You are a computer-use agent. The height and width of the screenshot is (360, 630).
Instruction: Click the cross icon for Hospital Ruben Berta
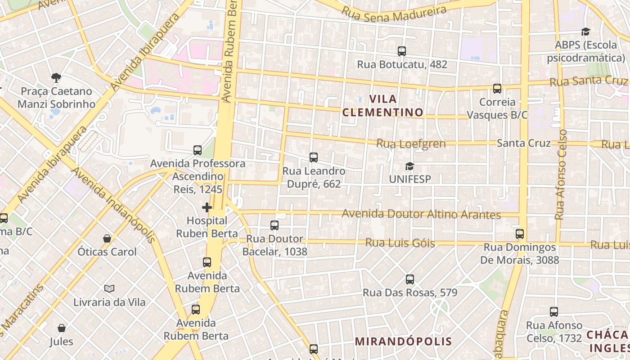coord(207,207)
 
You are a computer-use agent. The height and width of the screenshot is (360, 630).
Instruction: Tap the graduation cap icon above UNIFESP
coord(409,166)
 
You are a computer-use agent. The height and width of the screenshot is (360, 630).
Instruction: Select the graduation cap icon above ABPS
coord(585,31)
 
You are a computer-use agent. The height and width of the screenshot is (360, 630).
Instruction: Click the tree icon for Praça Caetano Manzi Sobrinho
coord(56,78)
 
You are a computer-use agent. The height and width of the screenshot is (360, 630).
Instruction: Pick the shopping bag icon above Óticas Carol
coord(107,238)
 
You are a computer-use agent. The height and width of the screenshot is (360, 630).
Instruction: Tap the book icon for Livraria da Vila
coord(109,288)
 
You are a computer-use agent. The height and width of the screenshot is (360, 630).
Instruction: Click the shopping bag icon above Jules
coord(62,328)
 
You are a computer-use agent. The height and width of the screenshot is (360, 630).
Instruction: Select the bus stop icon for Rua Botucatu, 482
coord(402,51)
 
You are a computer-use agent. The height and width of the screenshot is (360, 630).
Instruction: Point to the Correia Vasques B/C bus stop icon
coord(497,89)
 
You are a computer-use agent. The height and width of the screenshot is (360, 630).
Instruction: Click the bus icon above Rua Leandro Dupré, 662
coord(314,157)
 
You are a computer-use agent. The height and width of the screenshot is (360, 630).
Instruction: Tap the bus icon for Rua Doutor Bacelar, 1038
coord(274,225)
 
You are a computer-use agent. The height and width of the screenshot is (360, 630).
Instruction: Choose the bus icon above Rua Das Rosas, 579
coord(410,279)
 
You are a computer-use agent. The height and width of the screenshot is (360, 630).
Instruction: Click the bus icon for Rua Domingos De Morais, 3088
coord(520,234)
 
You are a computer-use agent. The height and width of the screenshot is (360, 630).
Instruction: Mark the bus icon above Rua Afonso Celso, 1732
coord(554,312)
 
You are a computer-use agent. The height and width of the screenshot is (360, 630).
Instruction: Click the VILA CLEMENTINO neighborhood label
coord(383,105)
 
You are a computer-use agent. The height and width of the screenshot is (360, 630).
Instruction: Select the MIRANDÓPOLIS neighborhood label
coord(403,341)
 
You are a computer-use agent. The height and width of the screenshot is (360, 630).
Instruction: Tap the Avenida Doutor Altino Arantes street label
coord(421,214)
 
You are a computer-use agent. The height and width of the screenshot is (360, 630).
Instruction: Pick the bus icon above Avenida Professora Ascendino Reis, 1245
coord(198,150)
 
